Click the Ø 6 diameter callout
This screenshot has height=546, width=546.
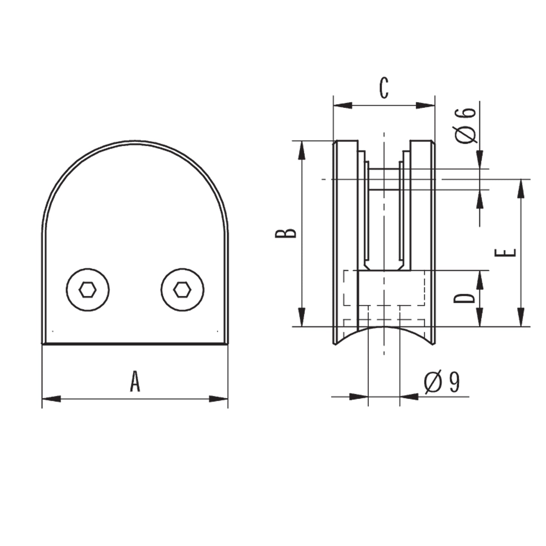[x=465, y=125]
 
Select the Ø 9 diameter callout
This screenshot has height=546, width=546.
[x=442, y=382]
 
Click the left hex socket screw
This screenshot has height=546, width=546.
[x=88, y=289]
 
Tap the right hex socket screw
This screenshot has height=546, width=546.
[x=182, y=289]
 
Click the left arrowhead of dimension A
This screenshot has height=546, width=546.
[x=51, y=399]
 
